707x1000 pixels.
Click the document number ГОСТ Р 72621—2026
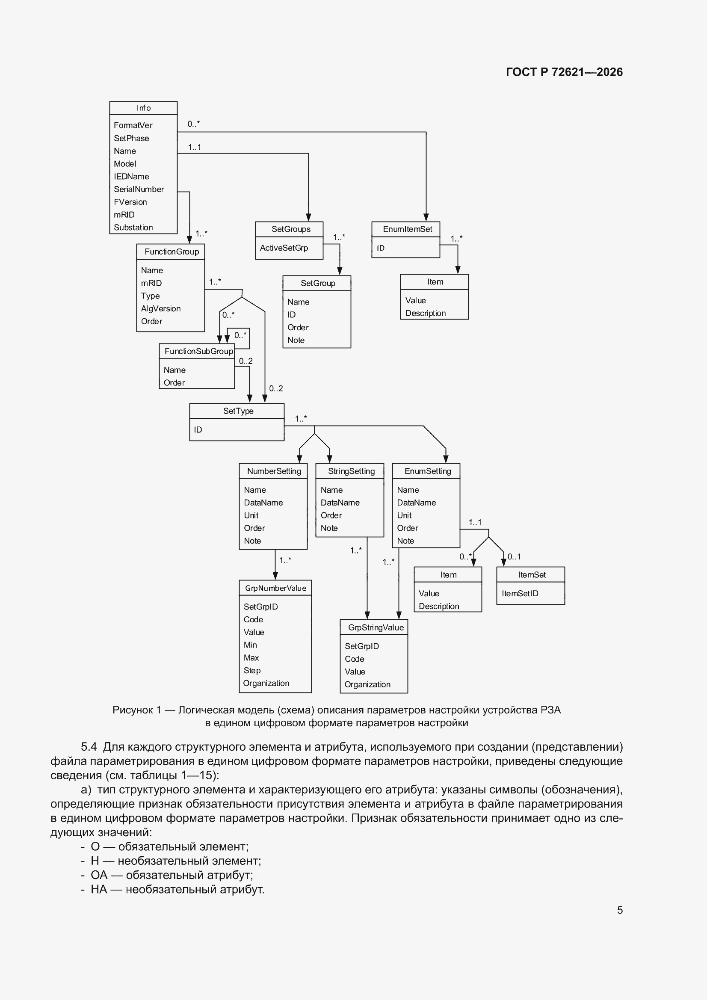[x=564, y=72]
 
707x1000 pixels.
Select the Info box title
[x=143, y=108]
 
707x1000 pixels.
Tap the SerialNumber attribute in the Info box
[x=139, y=189]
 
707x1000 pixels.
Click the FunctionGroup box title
[x=172, y=252]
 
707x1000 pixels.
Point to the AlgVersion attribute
[x=160, y=308]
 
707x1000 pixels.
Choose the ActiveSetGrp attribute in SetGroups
[x=284, y=248]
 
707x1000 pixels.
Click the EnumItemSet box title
[x=407, y=229]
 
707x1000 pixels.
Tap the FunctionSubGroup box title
[x=198, y=351]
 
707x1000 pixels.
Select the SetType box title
[x=238, y=411]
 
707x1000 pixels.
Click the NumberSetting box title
[x=274, y=471]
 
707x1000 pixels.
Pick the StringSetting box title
[x=351, y=471]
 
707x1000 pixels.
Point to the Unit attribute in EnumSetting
[x=404, y=515]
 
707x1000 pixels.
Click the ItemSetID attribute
[x=520, y=593]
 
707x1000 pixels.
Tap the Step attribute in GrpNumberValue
[x=252, y=670]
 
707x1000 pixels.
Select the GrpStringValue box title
[x=376, y=627]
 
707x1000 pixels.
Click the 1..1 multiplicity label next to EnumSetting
[x=475, y=522]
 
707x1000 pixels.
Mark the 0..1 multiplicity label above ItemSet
[x=514, y=556]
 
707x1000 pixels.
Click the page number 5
[x=620, y=910]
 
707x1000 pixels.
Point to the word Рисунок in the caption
[x=133, y=710]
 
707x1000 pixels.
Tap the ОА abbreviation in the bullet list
[x=99, y=875]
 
